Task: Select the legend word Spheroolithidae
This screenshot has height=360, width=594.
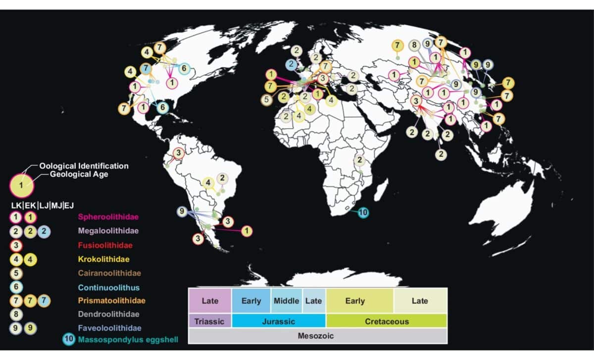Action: (107, 217)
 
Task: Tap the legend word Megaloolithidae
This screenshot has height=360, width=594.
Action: (108, 231)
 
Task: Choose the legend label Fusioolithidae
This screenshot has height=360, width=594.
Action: (105, 245)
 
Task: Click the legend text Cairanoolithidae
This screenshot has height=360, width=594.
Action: (109, 273)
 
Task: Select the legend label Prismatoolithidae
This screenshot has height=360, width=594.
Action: (111, 301)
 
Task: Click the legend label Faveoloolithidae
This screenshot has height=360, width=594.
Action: (110, 328)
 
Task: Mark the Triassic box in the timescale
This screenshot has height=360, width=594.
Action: (210, 321)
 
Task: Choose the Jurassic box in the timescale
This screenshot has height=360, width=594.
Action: (278, 321)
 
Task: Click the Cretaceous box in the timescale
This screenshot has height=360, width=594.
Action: (387, 321)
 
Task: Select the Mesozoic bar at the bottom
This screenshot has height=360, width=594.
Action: (317, 336)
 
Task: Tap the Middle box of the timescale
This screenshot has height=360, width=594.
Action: (286, 301)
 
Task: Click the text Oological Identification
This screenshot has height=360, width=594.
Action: (84, 166)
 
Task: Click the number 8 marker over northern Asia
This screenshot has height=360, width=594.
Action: (415, 46)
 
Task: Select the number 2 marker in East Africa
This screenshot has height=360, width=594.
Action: (360, 160)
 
